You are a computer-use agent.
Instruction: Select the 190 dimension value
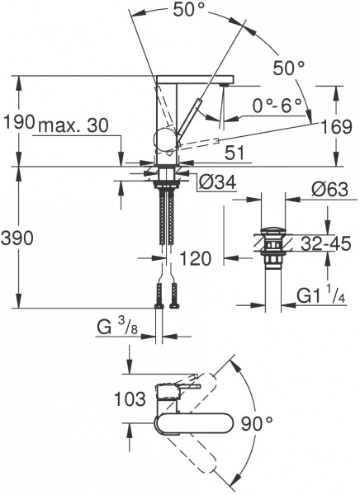(18, 122)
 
